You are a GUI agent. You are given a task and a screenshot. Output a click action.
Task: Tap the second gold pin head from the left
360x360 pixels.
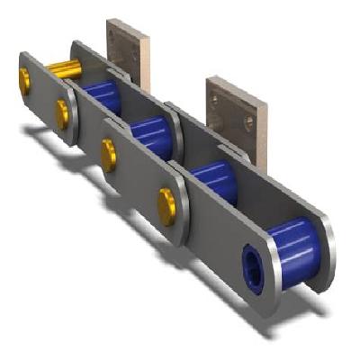tap(62, 112)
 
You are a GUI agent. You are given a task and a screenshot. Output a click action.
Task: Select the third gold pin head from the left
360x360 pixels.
tap(109, 153)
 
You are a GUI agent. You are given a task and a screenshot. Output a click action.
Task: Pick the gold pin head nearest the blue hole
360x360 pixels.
tap(167, 204)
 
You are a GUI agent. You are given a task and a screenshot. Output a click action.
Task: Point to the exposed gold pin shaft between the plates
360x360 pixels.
tap(61, 67)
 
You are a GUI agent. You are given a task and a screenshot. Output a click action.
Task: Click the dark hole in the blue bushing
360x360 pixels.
tap(249, 264)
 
